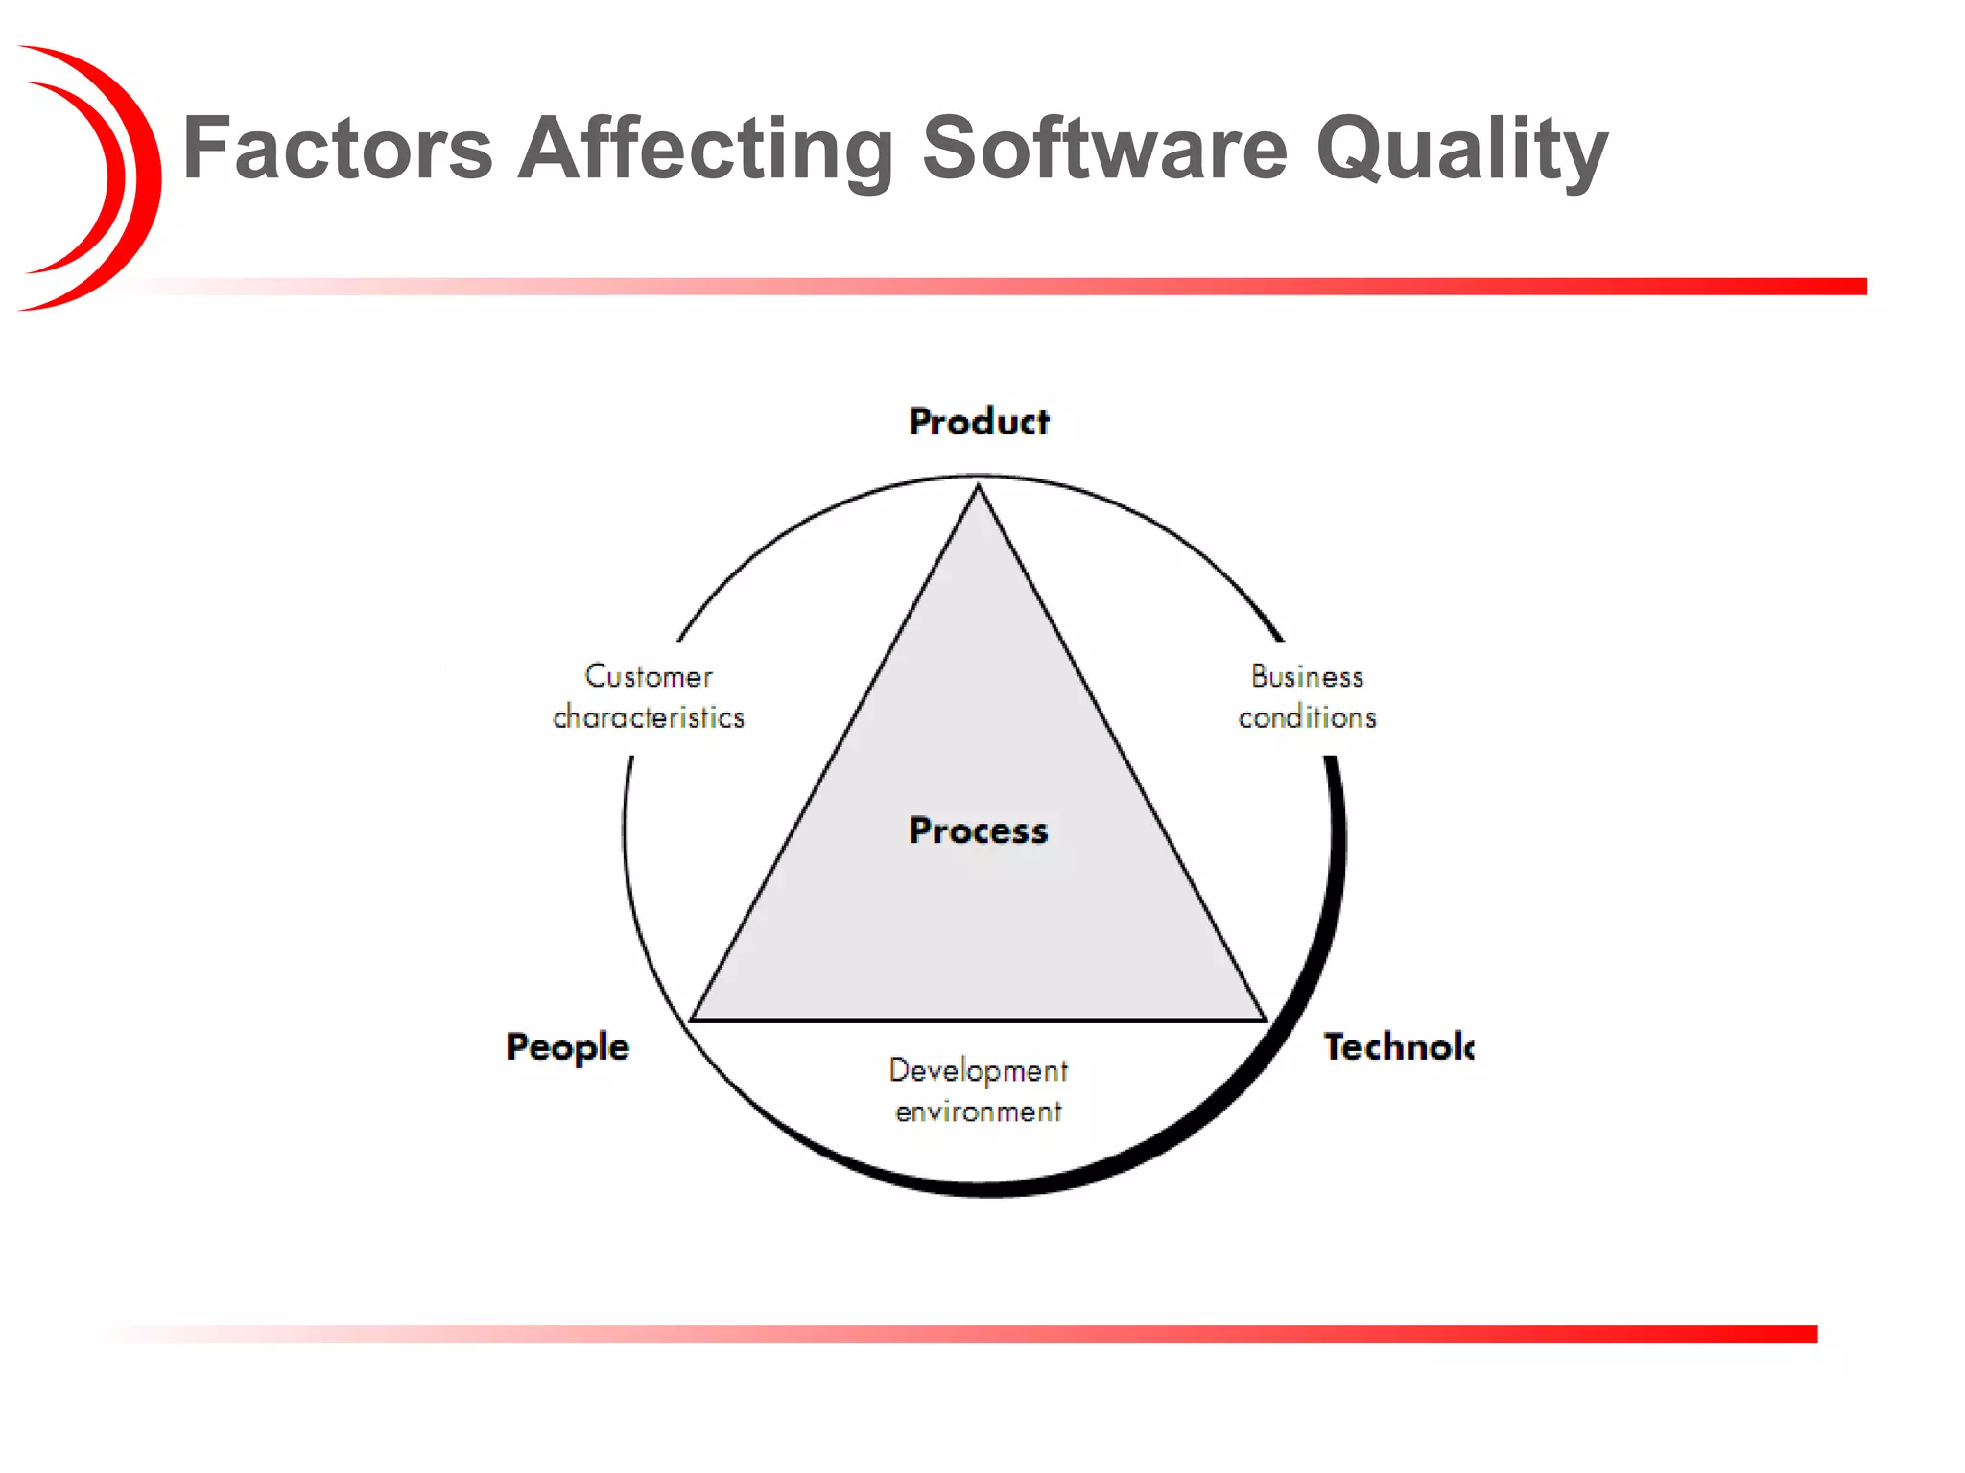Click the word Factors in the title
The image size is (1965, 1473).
click(337, 149)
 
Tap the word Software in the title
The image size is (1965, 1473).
click(1104, 149)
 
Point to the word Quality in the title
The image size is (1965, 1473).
click(1460, 151)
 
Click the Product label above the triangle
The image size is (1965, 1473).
click(979, 422)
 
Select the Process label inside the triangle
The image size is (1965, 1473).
click(979, 830)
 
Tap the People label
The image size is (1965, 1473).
click(568, 1047)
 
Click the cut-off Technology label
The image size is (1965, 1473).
click(1398, 1046)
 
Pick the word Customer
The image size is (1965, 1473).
click(649, 677)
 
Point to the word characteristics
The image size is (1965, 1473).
click(649, 717)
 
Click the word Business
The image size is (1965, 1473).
click(1307, 677)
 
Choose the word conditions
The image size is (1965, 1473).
click(1307, 717)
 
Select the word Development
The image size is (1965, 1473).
click(978, 1070)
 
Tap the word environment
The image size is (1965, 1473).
click(978, 1111)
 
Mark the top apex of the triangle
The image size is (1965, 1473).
click(979, 488)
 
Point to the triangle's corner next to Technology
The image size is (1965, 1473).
click(1265, 1019)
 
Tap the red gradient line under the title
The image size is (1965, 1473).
click(1055, 287)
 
